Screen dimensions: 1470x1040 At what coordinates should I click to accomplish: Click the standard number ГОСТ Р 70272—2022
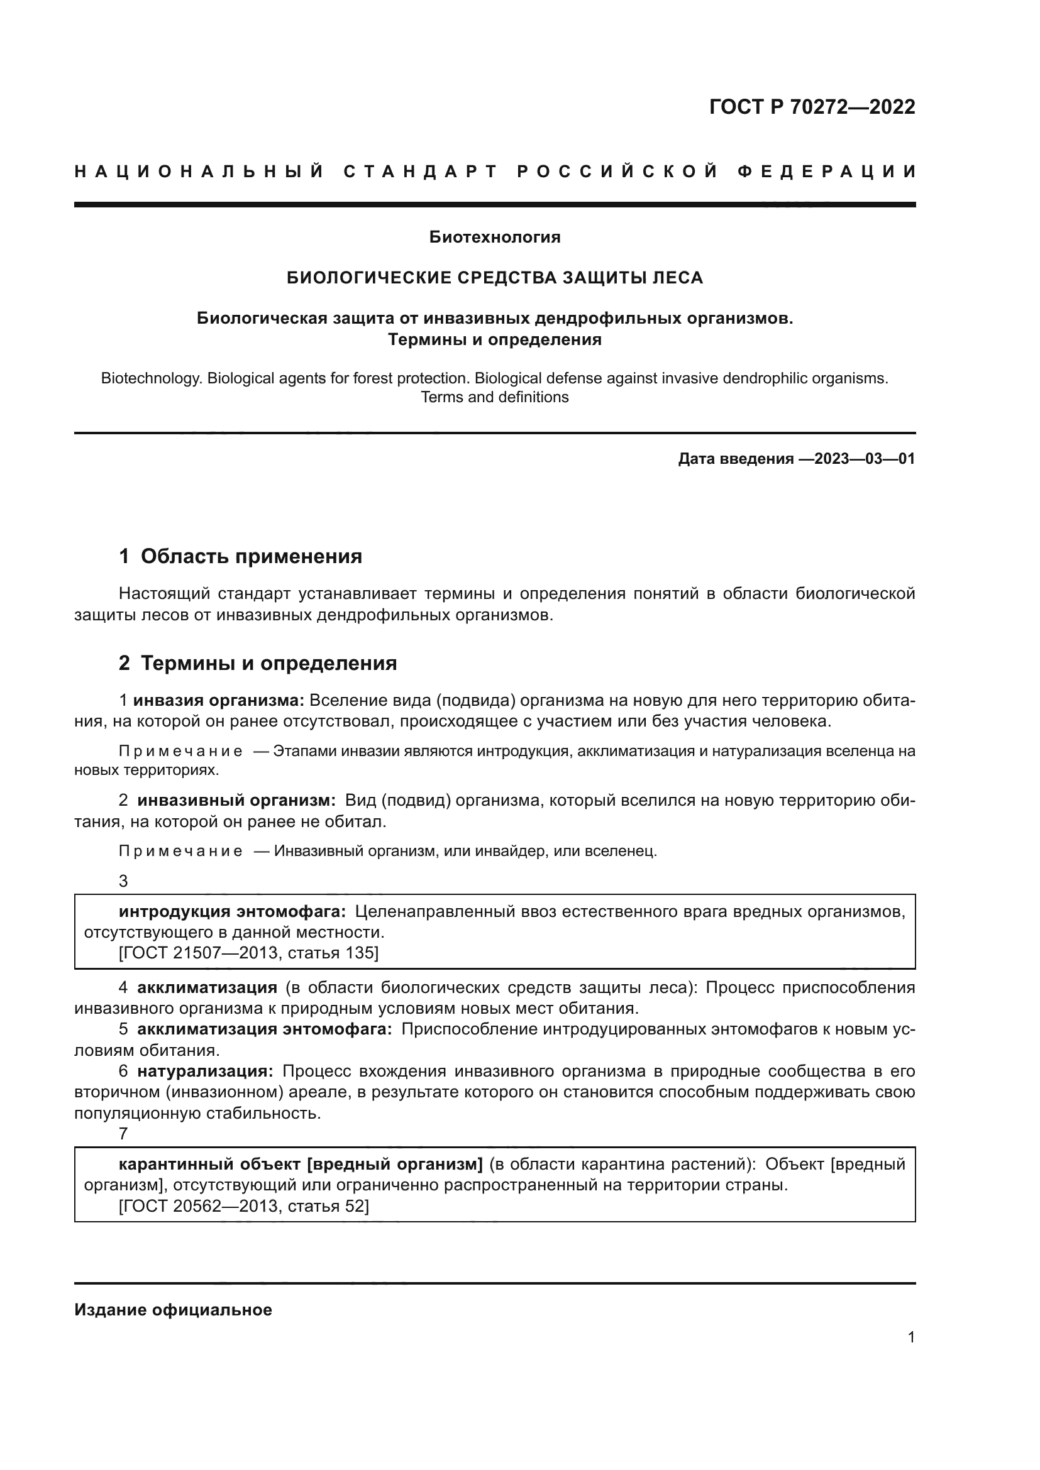(x=811, y=107)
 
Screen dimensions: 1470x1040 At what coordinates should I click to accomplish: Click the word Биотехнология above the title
(x=494, y=238)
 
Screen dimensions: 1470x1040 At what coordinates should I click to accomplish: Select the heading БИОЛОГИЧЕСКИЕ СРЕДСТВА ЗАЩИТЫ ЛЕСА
(x=494, y=278)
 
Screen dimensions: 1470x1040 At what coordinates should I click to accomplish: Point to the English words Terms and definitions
(x=494, y=398)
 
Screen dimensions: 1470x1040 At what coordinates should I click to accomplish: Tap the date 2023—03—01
(x=865, y=459)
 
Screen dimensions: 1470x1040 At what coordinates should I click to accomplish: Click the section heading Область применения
(x=251, y=556)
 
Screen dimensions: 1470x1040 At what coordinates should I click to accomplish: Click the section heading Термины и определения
(x=268, y=663)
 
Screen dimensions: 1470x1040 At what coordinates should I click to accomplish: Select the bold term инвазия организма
(x=218, y=700)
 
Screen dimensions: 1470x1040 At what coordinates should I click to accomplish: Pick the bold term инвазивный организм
(x=236, y=801)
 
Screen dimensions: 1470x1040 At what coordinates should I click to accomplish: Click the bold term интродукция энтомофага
(x=232, y=912)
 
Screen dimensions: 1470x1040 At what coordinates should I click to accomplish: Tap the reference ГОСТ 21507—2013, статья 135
(x=248, y=953)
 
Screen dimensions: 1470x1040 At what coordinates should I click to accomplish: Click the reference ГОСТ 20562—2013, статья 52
(x=244, y=1206)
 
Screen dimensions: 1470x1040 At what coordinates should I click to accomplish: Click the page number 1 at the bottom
(x=910, y=1337)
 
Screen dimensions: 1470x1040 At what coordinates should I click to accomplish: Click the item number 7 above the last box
(x=124, y=1134)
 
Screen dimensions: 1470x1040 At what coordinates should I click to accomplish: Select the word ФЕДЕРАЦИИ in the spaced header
(x=826, y=172)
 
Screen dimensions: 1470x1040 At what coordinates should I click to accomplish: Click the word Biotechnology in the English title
(x=151, y=378)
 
